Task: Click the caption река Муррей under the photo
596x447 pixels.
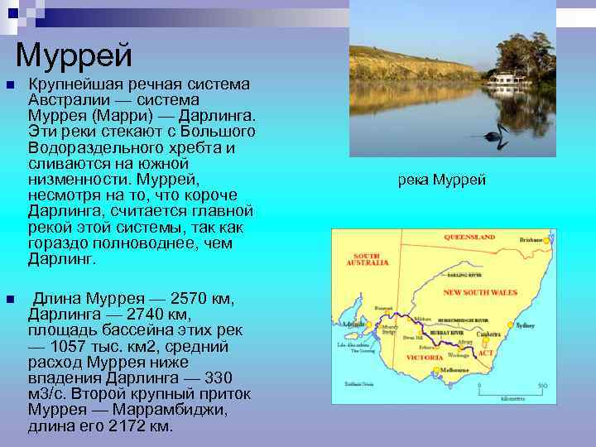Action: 442,180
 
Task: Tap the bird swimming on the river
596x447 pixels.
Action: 495,136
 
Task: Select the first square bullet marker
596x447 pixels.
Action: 8,85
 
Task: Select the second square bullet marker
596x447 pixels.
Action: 8,299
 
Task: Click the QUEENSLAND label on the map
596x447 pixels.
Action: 469,238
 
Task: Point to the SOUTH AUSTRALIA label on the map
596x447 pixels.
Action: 370,259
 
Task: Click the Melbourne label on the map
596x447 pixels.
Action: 454,369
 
